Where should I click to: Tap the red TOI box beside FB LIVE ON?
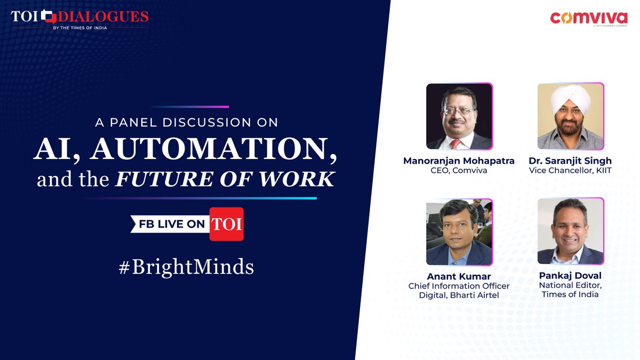pos(227,224)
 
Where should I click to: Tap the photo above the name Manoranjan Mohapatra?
pos(459,116)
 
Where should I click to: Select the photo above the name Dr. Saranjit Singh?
pos(570,116)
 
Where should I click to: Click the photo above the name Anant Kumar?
pos(459,231)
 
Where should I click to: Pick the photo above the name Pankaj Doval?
pos(570,231)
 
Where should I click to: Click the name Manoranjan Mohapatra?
pos(459,161)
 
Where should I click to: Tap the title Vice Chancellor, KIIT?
pos(570,170)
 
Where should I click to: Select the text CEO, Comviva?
pos(459,170)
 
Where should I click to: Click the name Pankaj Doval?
pos(570,276)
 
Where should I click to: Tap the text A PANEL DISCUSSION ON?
pos(187,123)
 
